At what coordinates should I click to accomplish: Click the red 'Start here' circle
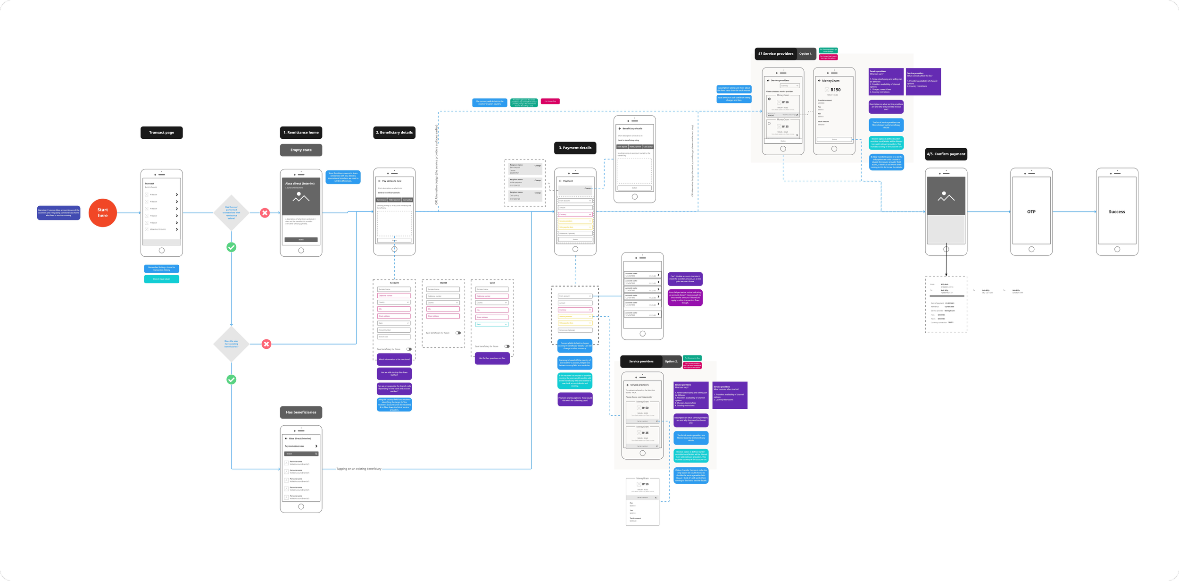(102, 213)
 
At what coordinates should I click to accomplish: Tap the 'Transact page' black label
(161, 133)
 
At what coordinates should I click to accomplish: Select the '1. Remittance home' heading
(301, 133)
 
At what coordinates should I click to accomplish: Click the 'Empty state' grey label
(301, 150)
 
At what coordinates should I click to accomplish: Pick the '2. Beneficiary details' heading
(394, 133)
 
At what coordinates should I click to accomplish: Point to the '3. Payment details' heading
(575, 148)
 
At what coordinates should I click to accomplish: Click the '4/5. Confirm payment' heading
(946, 154)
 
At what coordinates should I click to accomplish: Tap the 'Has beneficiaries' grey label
(301, 412)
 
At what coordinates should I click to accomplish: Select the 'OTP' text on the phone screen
(1031, 212)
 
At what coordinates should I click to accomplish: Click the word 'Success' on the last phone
(1117, 212)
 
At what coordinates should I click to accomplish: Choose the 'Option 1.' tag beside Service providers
(805, 54)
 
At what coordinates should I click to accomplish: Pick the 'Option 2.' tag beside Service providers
(671, 362)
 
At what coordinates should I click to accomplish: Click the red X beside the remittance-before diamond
(265, 213)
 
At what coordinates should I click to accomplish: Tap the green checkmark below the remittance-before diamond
(232, 247)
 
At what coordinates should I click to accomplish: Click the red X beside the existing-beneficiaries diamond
(266, 344)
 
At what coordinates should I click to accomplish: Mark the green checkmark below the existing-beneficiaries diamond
(232, 379)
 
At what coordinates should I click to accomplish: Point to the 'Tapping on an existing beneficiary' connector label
(359, 469)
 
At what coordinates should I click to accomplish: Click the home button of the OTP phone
(1031, 249)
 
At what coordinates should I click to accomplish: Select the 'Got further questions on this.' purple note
(492, 358)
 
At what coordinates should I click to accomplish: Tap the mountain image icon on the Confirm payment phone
(946, 196)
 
